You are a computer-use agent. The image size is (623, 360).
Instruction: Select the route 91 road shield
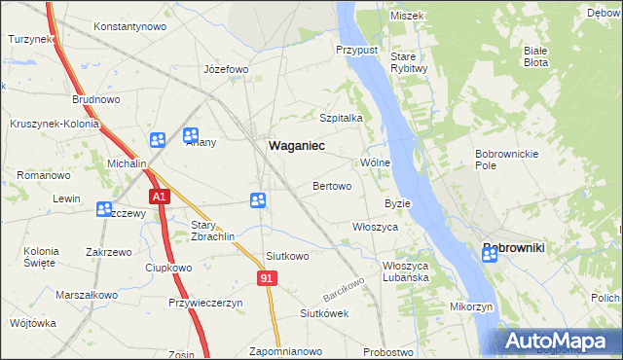pos(269,279)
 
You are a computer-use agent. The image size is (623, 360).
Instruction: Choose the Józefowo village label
pos(226,70)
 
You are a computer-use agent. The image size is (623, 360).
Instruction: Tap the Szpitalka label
pos(342,118)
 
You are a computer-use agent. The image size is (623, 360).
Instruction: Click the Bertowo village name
pos(332,186)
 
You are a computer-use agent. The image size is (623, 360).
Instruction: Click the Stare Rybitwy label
pos(409,61)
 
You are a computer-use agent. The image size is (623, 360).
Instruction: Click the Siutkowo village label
pos(287,257)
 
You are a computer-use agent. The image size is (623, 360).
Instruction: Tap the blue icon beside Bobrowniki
pos(490,256)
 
